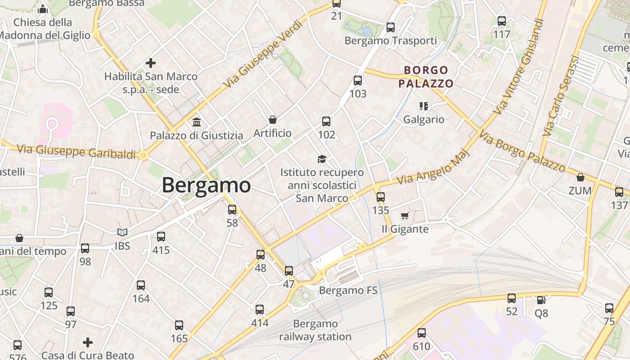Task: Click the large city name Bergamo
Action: click(x=206, y=185)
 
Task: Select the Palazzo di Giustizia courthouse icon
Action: click(x=197, y=122)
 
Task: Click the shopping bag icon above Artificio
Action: click(x=272, y=120)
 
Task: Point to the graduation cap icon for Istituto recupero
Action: click(x=322, y=159)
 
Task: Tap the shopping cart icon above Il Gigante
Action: click(x=405, y=216)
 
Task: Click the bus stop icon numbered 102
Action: click(x=326, y=121)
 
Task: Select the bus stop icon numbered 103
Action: click(x=358, y=81)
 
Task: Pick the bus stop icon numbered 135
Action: click(x=381, y=197)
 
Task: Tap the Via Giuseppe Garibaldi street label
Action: click(x=76, y=151)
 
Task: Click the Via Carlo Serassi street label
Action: click(x=560, y=96)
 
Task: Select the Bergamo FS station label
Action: click(x=348, y=290)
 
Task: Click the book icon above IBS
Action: click(x=122, y=233)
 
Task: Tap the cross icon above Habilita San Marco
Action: click(x=151, y=63)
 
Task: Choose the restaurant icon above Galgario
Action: click(x=423, y=106)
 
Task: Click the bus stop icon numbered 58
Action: click(x=232, y=210)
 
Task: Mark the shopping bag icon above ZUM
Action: click(x=580, y=177)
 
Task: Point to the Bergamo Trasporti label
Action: click(x=391, y=40)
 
